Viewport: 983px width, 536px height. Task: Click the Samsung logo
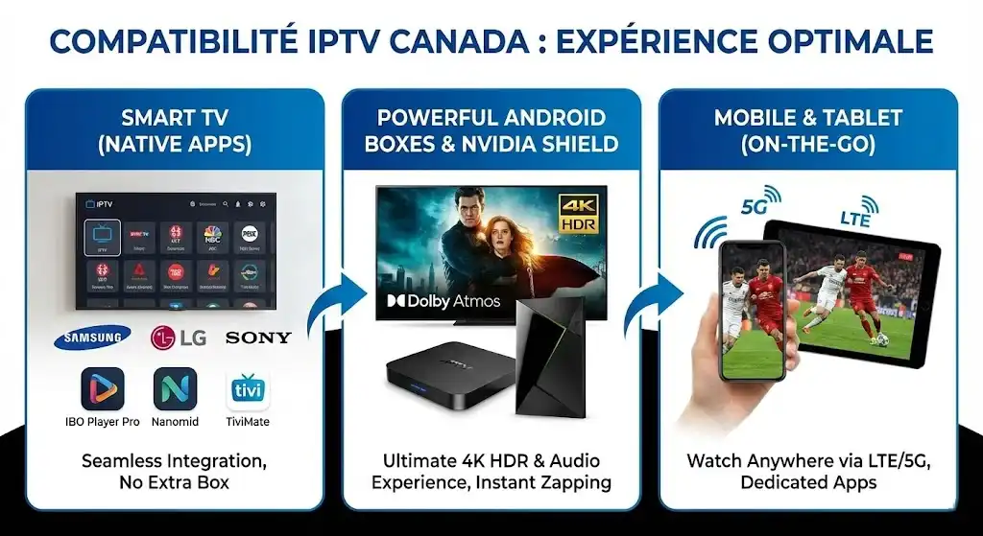pyautogui.click(x=92, y=337)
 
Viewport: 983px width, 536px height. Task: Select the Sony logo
pyautogui.click(x=257, y=338)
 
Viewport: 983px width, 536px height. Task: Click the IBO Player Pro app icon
pyautogui.click(x=103, y=388)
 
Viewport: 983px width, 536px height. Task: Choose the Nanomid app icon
pyautogui.click(x=175, y=388)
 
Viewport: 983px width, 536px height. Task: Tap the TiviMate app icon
pyautogui.click(x=248, y=389)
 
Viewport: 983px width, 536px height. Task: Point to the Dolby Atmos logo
pyautogui.click(x=444, y=301)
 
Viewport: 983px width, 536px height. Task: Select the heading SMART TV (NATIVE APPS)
pyautogui.click(x=174, y=131)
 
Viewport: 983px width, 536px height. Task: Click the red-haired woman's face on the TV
pyautogui.click(x=503, y=232)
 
